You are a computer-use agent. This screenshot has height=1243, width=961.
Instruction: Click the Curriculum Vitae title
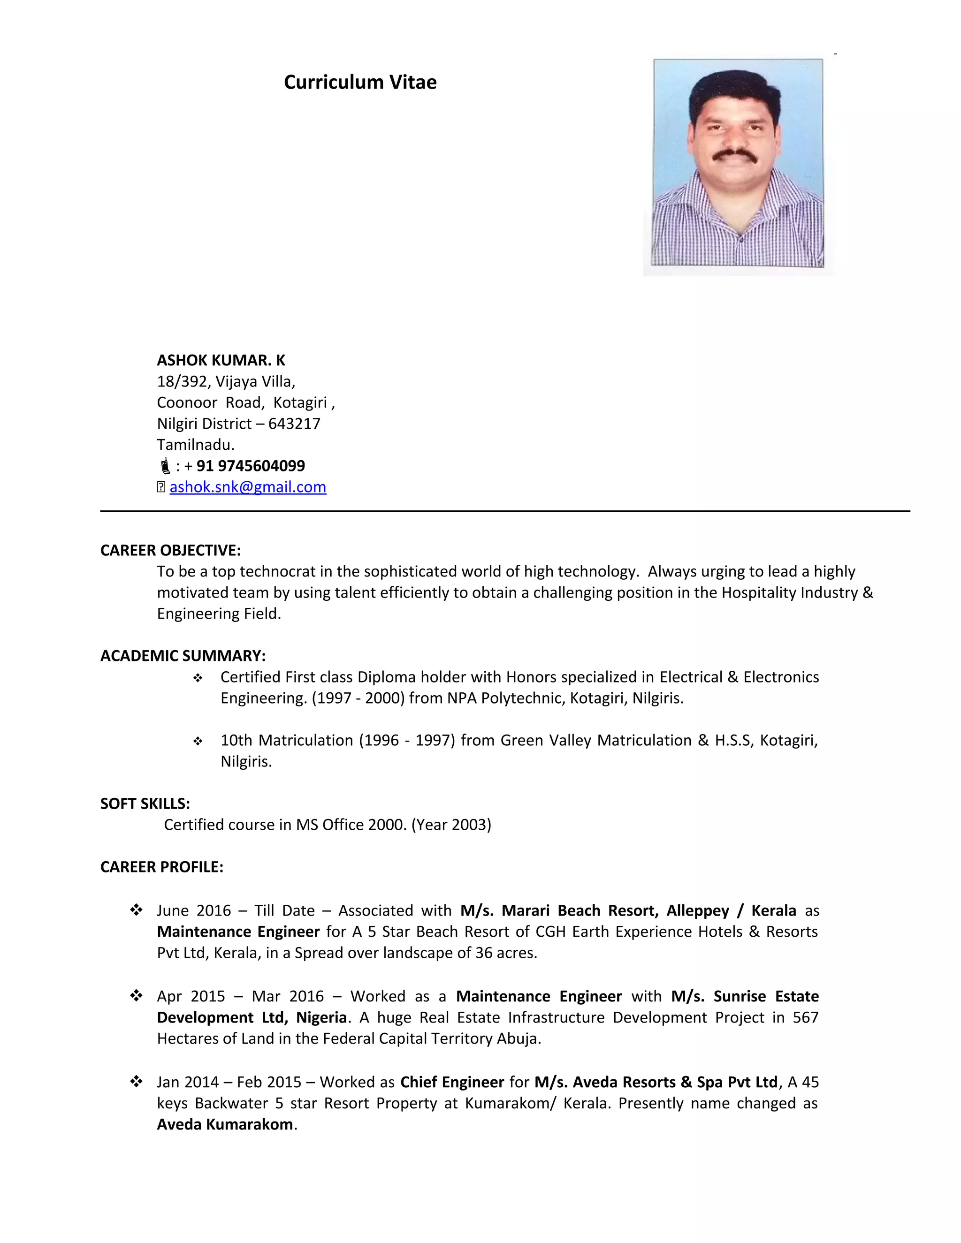(360, 82)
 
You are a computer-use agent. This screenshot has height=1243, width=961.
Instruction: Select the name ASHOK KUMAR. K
(221, 360)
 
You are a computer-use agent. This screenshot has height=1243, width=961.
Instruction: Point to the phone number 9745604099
(261, 466)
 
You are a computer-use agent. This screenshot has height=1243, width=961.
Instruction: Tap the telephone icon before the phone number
(165, 466)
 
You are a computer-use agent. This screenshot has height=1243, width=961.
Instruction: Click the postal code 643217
(294, 424)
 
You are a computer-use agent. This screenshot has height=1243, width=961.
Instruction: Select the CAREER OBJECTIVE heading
(170, 550)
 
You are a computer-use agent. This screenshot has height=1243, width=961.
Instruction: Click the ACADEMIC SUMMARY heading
(183, 656)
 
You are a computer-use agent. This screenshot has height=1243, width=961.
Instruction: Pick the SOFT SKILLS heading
(145, 803)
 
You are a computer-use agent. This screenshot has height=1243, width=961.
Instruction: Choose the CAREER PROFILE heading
(162, 867)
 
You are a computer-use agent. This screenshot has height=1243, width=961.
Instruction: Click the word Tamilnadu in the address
(195, 445)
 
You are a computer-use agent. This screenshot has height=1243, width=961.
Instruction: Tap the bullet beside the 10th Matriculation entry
(198, 741)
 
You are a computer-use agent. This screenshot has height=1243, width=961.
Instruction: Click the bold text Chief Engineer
(452, 1082)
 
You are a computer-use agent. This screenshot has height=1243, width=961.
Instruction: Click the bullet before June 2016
(136, 910)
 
